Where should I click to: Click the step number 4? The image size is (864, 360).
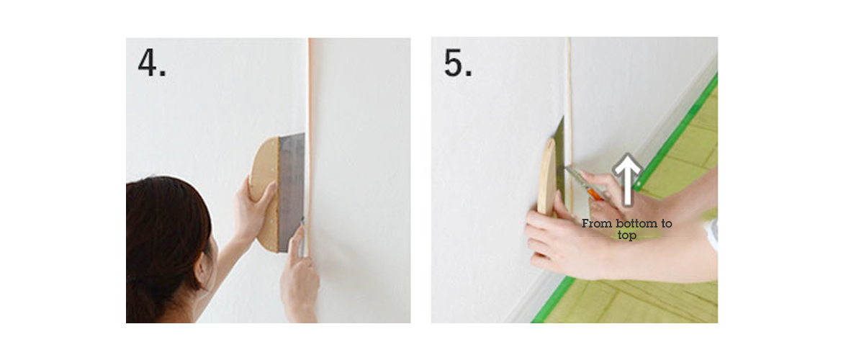pyautogui.click(x=151, y=63)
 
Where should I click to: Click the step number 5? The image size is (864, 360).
pyautogui.click(x=458, y=63)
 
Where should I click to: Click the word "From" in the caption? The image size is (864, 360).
pyautogui.click(x=597, y=224)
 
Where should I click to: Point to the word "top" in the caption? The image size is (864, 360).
pyautogui.click(x=626, y=235)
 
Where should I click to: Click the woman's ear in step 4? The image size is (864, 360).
pyautogui.click(x=206, y=249)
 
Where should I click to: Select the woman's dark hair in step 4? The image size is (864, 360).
pyautogui.click(x=162, y=230)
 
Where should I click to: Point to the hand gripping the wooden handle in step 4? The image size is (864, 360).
pyautogui.click(x=252, y=205)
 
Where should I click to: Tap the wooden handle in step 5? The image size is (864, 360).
pyautogui.click(x=546, y=176)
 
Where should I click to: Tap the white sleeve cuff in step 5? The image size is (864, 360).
pyautogui.click(x=711, y=234)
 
